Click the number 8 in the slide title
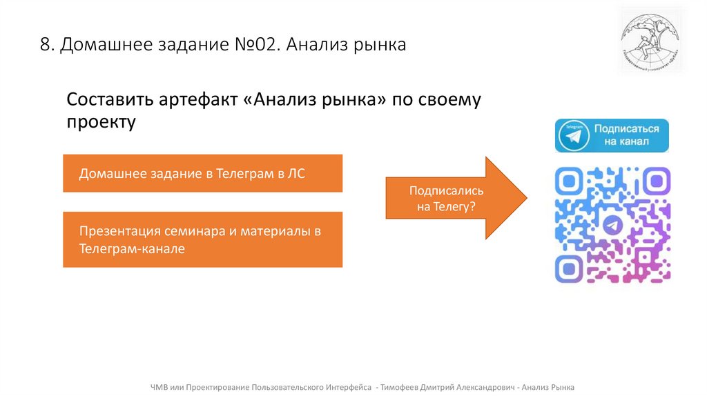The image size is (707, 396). [45, 46]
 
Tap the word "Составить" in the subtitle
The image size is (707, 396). [111, 99]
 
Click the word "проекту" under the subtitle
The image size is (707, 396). [101, 123]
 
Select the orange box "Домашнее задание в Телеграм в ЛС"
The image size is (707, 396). [202, 173]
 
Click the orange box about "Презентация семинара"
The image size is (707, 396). [202, 239]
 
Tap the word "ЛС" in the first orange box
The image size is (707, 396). [296, 174]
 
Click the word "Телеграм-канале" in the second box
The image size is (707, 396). [131, 248]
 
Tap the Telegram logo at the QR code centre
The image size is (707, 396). [612, 225]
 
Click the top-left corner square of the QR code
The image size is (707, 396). [570, 181]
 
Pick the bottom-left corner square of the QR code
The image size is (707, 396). [570, 268]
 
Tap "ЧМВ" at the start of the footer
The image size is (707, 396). [159, 387]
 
